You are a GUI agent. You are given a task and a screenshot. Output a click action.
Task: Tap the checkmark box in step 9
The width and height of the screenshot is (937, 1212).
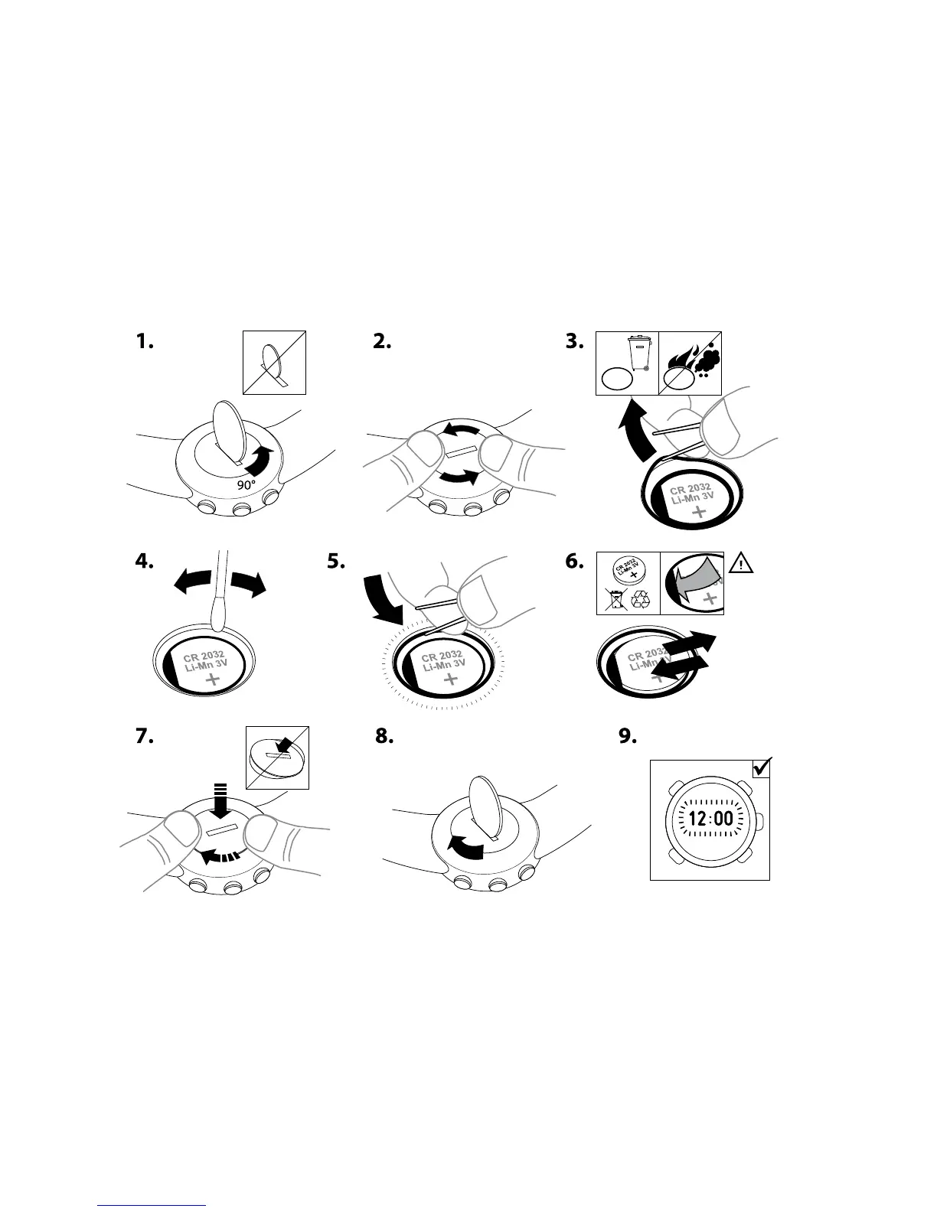point(762,767)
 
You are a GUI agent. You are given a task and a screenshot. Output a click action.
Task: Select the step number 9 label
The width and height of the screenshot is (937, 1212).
point(627,736)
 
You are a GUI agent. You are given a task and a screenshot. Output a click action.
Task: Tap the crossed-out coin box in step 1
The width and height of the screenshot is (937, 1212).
point(274,362)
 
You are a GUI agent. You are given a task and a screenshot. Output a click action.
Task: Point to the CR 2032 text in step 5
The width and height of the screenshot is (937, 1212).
point(442,655)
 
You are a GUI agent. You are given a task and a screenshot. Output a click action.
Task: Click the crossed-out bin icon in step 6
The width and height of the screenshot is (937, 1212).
point(614,599)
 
